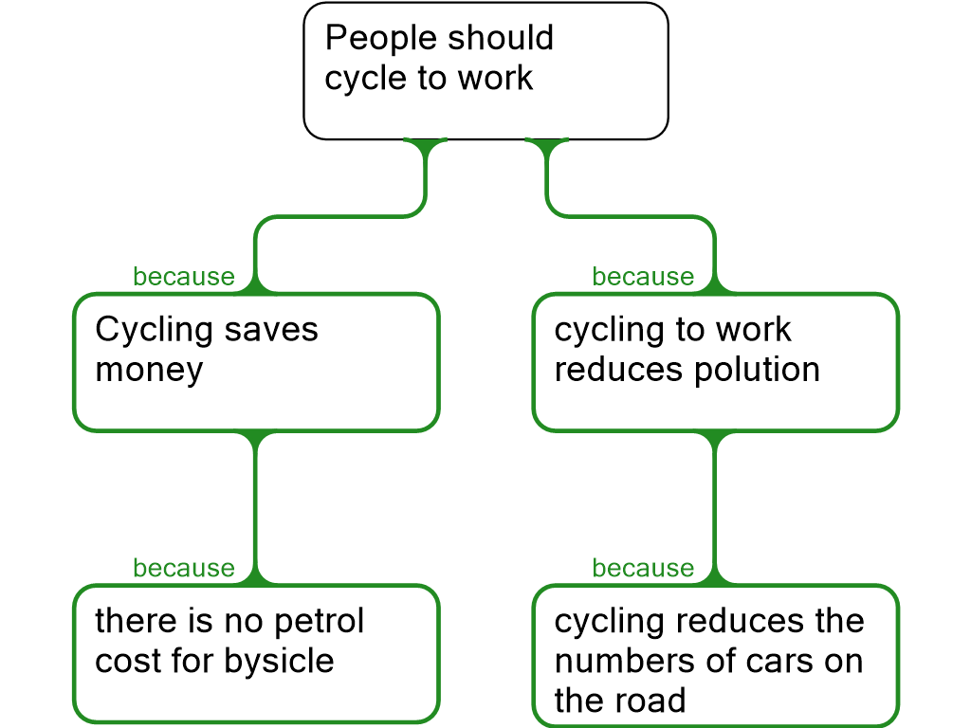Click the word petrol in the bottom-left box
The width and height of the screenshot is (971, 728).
point(320,622)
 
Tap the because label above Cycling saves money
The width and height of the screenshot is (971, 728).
point(183,277)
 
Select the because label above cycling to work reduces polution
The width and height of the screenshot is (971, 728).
point(643,277)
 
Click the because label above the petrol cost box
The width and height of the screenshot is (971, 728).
point(183,568)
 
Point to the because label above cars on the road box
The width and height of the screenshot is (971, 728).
point(643,568)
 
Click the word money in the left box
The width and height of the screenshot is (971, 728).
point(150,370)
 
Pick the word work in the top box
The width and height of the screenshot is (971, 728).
point(495,79)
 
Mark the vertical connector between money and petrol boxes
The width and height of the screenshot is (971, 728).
point(256,502)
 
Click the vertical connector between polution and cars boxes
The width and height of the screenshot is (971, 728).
point(715,502)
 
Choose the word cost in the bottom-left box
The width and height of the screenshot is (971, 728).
point(126,661)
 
